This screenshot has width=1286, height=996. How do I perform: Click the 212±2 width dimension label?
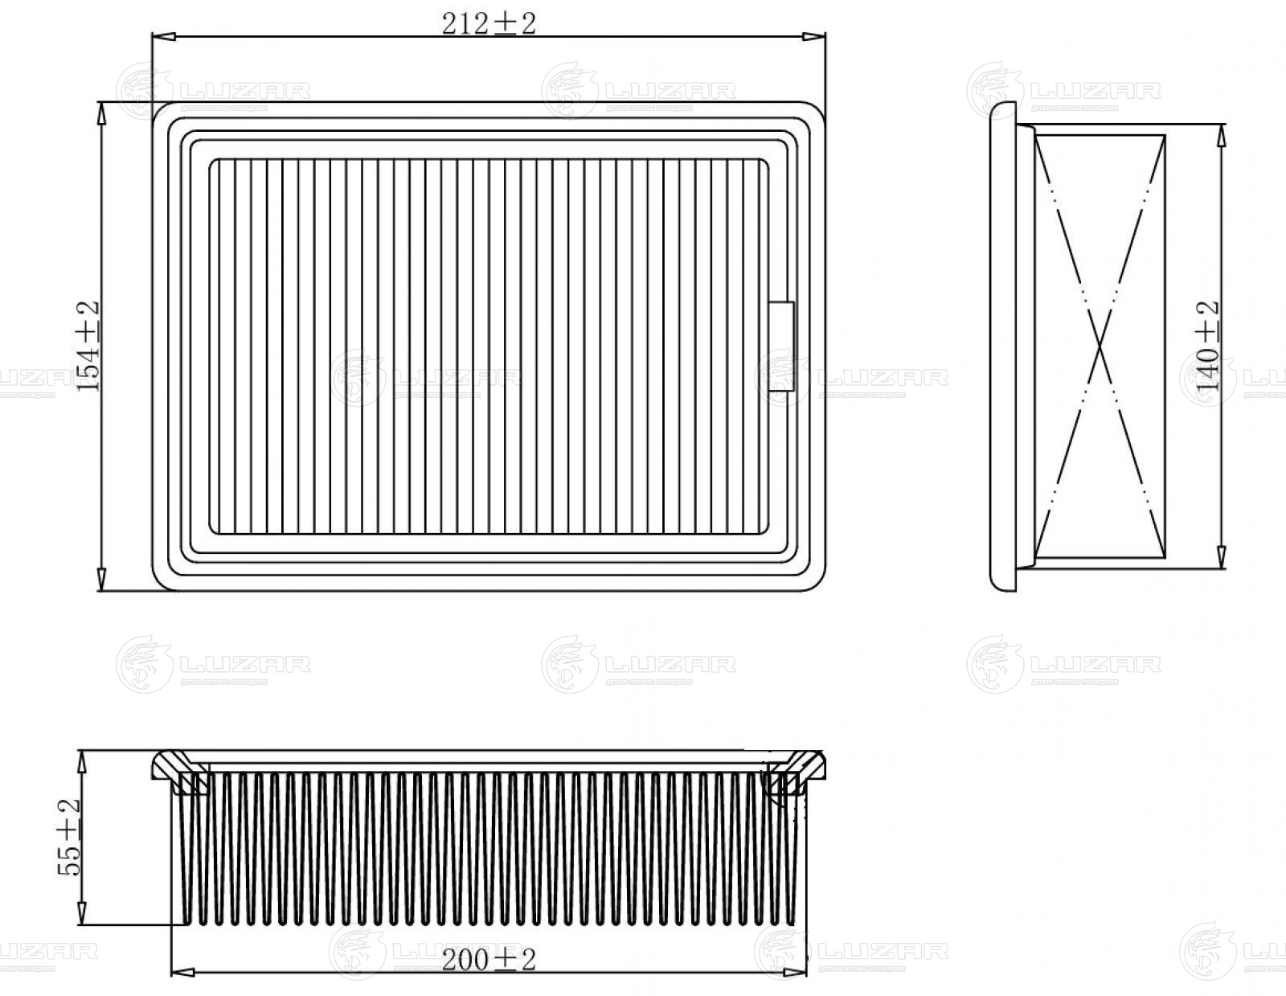[488, 24]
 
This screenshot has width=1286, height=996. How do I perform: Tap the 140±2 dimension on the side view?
[1207, 346]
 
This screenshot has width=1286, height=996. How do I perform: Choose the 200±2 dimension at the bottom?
[488, 959]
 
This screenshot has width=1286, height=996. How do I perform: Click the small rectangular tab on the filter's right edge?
[780, 346]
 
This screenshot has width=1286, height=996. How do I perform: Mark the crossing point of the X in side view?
[1100, 346]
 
